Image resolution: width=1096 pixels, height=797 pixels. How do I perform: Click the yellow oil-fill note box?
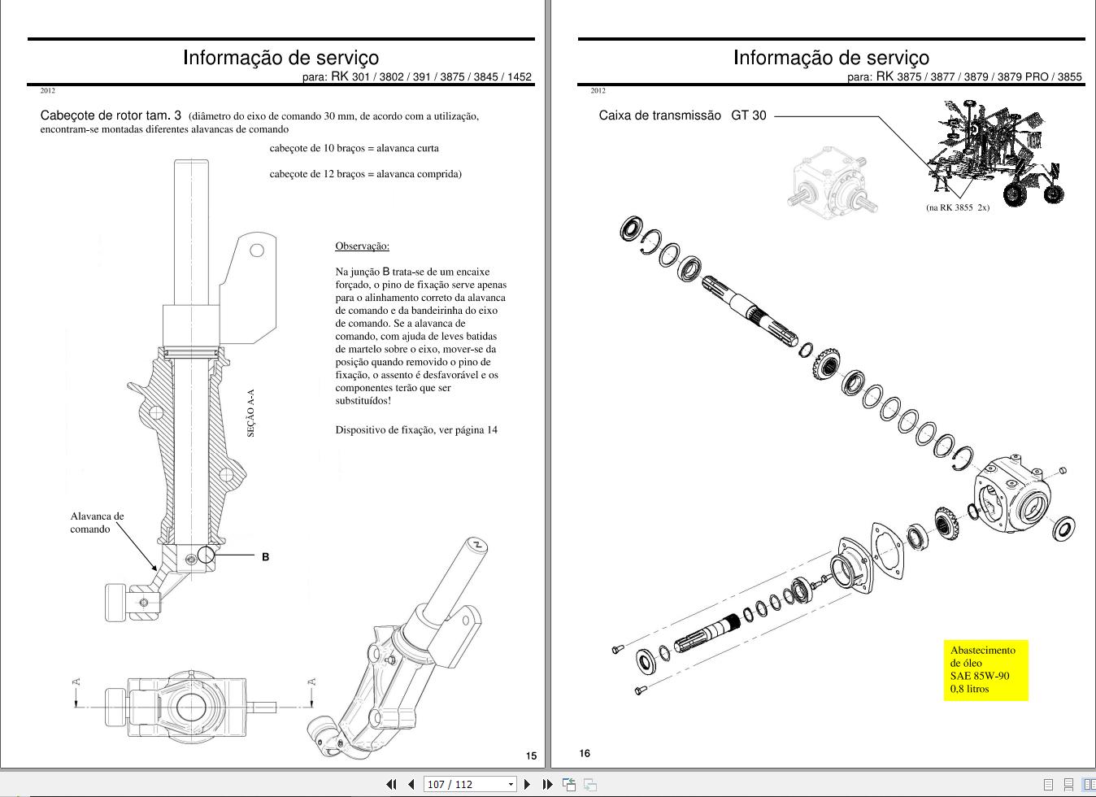(x=985, y=669)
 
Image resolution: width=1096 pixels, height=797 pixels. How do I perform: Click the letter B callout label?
(x=265, y=556)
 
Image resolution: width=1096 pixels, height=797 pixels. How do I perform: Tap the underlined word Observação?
(x=362, y=246)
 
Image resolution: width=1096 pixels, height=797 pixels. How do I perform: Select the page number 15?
(x=532, y=756)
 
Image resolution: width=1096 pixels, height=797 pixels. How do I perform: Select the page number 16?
(x=585, y=753)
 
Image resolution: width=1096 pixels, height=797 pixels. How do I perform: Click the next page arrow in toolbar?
(x=527, y=784)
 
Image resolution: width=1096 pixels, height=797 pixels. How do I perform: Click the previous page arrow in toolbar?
(x=411, y=784)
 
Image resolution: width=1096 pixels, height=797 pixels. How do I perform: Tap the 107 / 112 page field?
(x=469, y=784)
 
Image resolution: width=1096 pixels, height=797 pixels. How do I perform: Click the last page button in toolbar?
(x=547, y=784)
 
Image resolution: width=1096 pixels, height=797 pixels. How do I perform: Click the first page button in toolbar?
(x=391, y=784)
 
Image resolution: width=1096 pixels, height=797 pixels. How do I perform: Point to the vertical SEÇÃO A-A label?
(x=251, y=412)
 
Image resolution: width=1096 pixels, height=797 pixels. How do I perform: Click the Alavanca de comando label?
(x=97, y=522)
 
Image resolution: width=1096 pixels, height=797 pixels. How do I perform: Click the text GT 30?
(x=749, y=115)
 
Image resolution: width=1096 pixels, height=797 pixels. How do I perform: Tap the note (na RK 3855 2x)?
(x=958, y=207)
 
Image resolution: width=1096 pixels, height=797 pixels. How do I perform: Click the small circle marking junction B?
(x=206, y=555)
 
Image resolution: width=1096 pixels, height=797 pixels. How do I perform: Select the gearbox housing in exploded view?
(x=1011, y=494)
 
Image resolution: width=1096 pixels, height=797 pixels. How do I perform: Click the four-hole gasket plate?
(x=887, y=551)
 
